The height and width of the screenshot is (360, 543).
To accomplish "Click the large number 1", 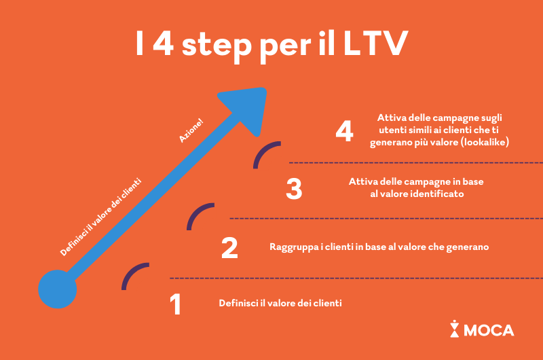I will click(x=176, y=305).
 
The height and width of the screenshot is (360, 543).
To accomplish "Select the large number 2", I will click(x=229, y=249).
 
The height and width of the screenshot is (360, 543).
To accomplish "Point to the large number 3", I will click(x=293, y=189).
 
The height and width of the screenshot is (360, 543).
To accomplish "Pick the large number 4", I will click(x=345, y=131).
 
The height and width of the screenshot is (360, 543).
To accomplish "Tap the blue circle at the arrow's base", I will click(x=57, y=288).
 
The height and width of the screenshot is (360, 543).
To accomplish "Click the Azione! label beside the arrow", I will click(x=191, y=130).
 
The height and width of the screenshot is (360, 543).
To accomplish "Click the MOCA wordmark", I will click(x=489, y=331).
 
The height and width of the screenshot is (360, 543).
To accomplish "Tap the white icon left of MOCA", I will click(x=454, y=329).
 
